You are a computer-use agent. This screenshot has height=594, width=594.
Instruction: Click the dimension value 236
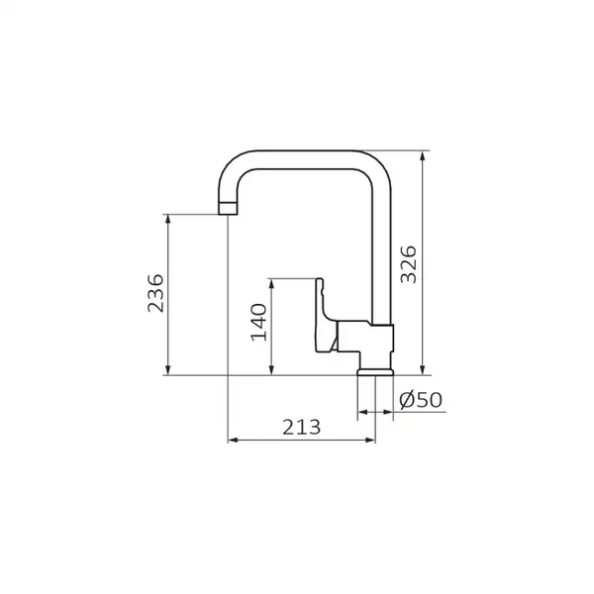tap(155, 293)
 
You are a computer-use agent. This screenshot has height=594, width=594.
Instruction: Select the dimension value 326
tap(409, 264)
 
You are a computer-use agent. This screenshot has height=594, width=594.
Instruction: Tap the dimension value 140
tap(259, 322)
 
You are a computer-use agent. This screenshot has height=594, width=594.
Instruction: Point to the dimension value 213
tap(302, 427)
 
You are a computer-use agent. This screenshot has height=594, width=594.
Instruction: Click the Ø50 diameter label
tap(421, 400)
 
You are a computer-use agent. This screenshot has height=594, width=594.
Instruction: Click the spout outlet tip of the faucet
tap(228, 209)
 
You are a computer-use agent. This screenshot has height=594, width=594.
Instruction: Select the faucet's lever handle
tap(325, 315)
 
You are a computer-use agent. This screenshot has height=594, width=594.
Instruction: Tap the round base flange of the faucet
tap(375, 371)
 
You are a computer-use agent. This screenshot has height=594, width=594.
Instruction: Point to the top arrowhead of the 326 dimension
tap(423, 155)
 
